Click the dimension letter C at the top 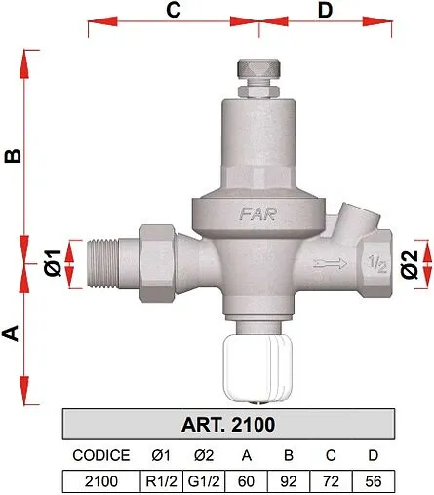coord(173,11)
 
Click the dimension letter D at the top coord(325,11)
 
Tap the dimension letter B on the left coord(13,157)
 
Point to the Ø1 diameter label coord(55,262)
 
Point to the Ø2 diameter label coord(410,262)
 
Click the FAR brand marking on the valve coord(231,209)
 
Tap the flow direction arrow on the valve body coord(331,262)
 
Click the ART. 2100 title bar coord(227,425)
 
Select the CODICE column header coord(100,455)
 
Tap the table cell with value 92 coord(289,480)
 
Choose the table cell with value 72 coord(330,480)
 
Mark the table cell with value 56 coord(373,480)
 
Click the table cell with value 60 coord(247,480)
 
